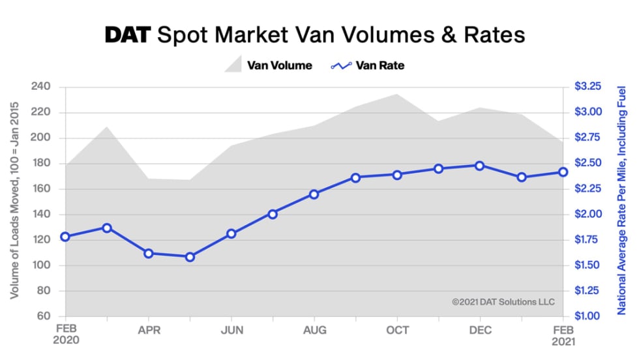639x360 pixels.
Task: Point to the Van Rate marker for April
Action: pos(148,253)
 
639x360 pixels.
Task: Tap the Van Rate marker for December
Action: pos(479,166)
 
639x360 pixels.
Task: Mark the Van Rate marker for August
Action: pos(314,194)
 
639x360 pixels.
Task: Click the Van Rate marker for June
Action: pos(231,233)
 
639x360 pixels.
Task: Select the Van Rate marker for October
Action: pos(396,175)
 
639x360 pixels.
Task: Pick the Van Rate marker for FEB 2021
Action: pos(562,172)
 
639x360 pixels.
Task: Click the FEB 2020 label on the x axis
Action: pos(65,334)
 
